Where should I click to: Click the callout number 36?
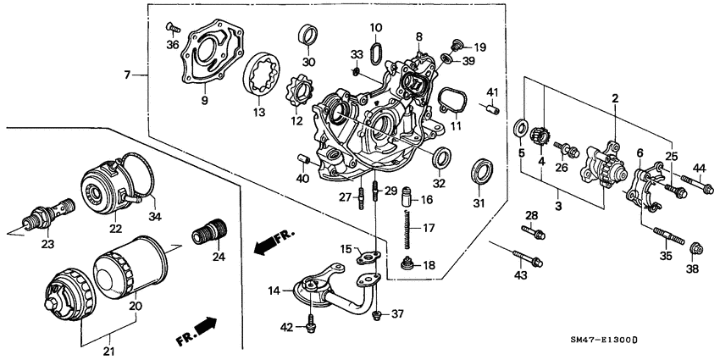pos(172,45)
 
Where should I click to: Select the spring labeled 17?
pos(408,228)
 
